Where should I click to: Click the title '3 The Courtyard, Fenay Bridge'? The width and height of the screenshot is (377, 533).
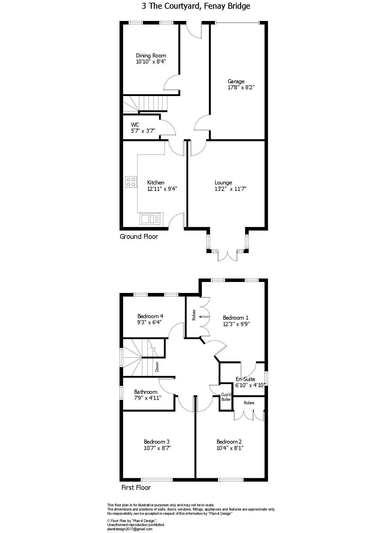point(195,6)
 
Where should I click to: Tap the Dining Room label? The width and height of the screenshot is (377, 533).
point(151,56)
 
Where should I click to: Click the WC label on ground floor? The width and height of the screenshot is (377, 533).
point(135,125)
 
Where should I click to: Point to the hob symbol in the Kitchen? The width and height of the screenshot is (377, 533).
point(131,182)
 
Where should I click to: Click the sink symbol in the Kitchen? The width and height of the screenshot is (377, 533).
point(150,219)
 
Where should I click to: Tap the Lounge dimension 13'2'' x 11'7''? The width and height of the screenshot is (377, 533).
point(230,189)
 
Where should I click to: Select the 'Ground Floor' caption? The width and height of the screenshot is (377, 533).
point(139,236)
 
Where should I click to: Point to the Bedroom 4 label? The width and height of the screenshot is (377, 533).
point(150,316)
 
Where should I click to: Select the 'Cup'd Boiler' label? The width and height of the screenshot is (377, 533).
point(226,397)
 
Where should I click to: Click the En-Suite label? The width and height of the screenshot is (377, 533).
point(245,379)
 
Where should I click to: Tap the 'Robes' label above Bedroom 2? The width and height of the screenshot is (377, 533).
point(249,403)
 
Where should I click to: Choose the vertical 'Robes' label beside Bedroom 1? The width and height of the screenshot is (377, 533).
point(194,315)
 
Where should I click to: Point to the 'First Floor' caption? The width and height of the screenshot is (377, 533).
point(136,488)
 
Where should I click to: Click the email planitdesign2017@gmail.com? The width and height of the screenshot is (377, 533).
point(130,529)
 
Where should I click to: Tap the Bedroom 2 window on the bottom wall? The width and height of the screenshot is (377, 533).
point(231,480)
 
